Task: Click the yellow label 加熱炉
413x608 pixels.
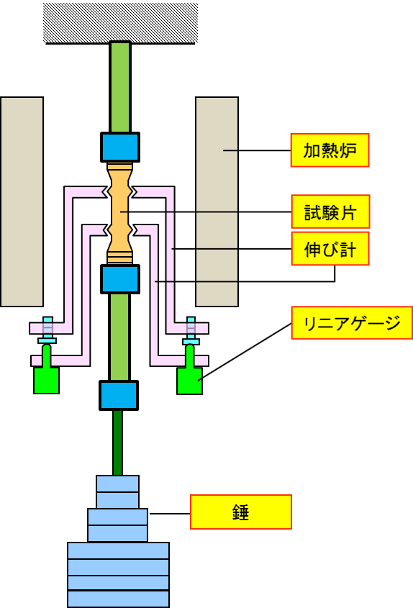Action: coord(330,150)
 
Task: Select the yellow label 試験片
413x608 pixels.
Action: coord(330,212)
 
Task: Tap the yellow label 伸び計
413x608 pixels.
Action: coord(330,248)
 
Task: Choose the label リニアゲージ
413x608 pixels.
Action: coord(352,322)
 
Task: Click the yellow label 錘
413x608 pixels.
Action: coord(241,512)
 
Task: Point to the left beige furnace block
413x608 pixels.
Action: coord(22,201)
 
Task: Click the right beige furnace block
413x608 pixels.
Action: coord(217,201)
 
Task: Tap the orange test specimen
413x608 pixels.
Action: coord(120,213)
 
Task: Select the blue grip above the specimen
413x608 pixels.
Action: coord(120,147)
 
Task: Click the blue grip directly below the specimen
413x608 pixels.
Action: coord(120,279)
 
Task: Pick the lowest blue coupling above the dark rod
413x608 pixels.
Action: coord(119,396)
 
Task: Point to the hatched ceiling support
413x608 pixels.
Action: coord(120,22)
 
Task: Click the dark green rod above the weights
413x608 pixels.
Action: coord(117,443)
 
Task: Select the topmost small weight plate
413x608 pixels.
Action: coord(117,484)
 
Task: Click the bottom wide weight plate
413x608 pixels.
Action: coord(118,599)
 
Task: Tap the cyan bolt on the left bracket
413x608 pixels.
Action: coord(47,330)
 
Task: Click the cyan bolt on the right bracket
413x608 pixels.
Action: coord(191,330)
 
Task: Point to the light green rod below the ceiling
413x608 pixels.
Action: coord(120,87)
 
